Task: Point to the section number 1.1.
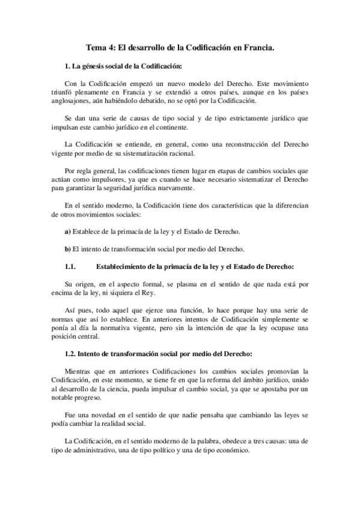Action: click(x=70, y=266)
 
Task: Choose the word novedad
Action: click(x=103, y=414)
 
